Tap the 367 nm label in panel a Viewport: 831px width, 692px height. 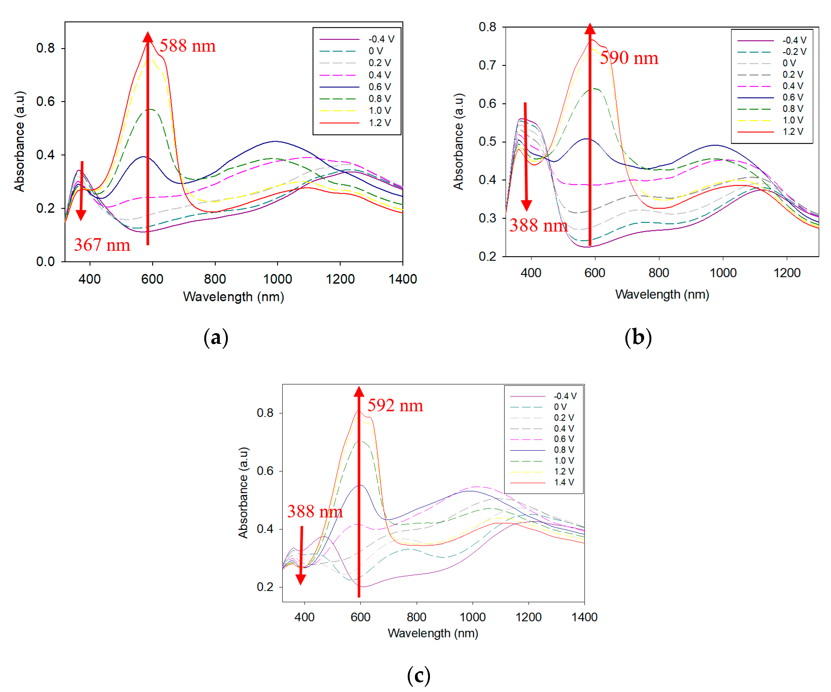tap(102, 245)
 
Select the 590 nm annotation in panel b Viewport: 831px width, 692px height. tap(629, 58)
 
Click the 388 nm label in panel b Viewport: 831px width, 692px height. tap(538, 225)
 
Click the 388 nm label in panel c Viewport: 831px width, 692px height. tap(315, 511)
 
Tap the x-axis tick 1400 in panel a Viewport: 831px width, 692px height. tap(402, 279)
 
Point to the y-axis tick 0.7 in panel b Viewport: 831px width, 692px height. tap(487, 65)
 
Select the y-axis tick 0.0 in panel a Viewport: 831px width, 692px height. tap(45, 261)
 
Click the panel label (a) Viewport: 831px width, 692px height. tap(216, 338)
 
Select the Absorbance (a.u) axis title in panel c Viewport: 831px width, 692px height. tap(243, 492)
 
